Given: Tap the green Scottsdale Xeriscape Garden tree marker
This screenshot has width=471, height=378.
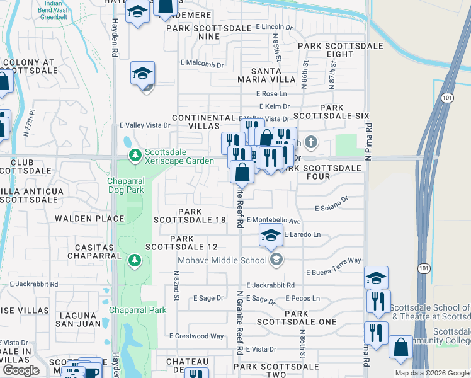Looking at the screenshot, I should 134,154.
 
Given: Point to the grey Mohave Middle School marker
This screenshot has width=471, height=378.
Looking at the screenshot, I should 276,260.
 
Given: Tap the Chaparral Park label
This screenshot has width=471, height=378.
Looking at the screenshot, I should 138,310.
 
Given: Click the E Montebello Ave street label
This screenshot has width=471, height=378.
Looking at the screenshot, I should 273,221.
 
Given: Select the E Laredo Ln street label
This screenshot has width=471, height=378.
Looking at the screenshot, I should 302,234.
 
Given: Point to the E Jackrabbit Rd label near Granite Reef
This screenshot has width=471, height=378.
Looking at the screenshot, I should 271,285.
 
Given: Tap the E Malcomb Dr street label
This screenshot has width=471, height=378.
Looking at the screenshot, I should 202,64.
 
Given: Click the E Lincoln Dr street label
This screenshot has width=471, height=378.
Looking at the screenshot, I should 275,28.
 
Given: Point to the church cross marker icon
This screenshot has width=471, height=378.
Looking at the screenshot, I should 310,141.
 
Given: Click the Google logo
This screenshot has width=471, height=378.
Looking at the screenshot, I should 21,370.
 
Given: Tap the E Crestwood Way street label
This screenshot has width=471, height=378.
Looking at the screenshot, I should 196,336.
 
